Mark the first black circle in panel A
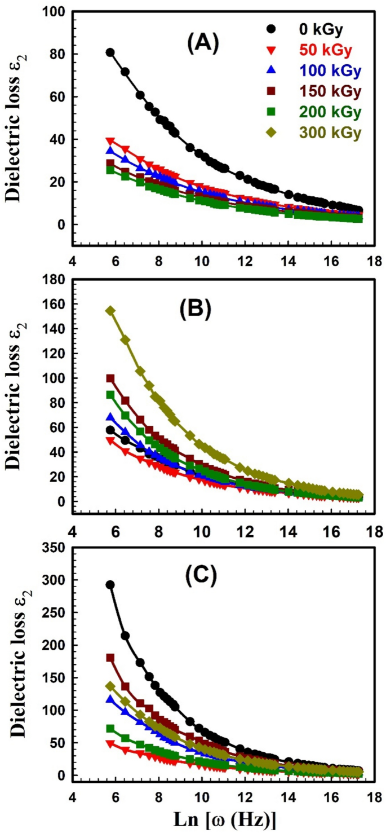click(110, 52)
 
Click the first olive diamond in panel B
click(110, 311)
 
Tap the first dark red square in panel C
click(110, 658)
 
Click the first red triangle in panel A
click(110, 141)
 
